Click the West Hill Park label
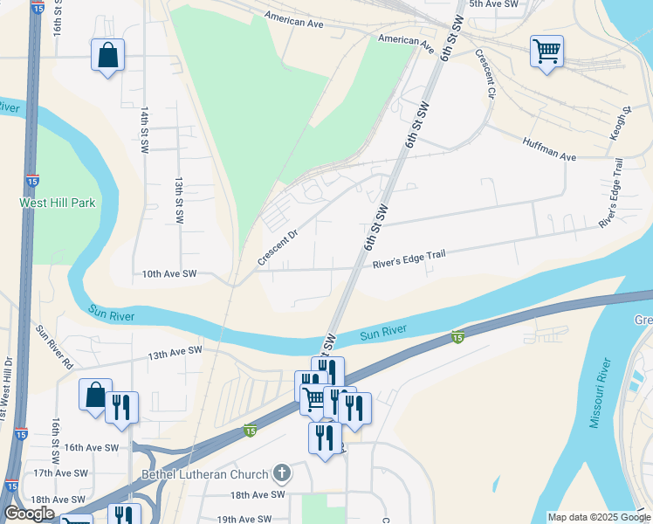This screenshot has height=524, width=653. click(58, 203)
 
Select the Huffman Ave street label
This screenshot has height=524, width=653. click(549, 148)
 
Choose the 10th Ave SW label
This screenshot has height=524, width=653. click(169, 274)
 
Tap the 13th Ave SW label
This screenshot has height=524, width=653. click(175, 352)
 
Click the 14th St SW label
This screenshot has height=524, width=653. click(144, 131)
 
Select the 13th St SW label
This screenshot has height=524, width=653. click(178, 203)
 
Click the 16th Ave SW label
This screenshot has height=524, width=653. click(90, 447)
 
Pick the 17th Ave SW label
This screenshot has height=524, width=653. click(60, 472)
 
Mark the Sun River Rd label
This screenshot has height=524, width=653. click(54, 347)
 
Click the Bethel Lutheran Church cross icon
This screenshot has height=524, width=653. click(281, 474)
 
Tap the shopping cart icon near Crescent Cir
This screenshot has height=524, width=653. click(546, 52)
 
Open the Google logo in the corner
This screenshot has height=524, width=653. click(29, 514)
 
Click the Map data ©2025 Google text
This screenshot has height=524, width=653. click(598, 517)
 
